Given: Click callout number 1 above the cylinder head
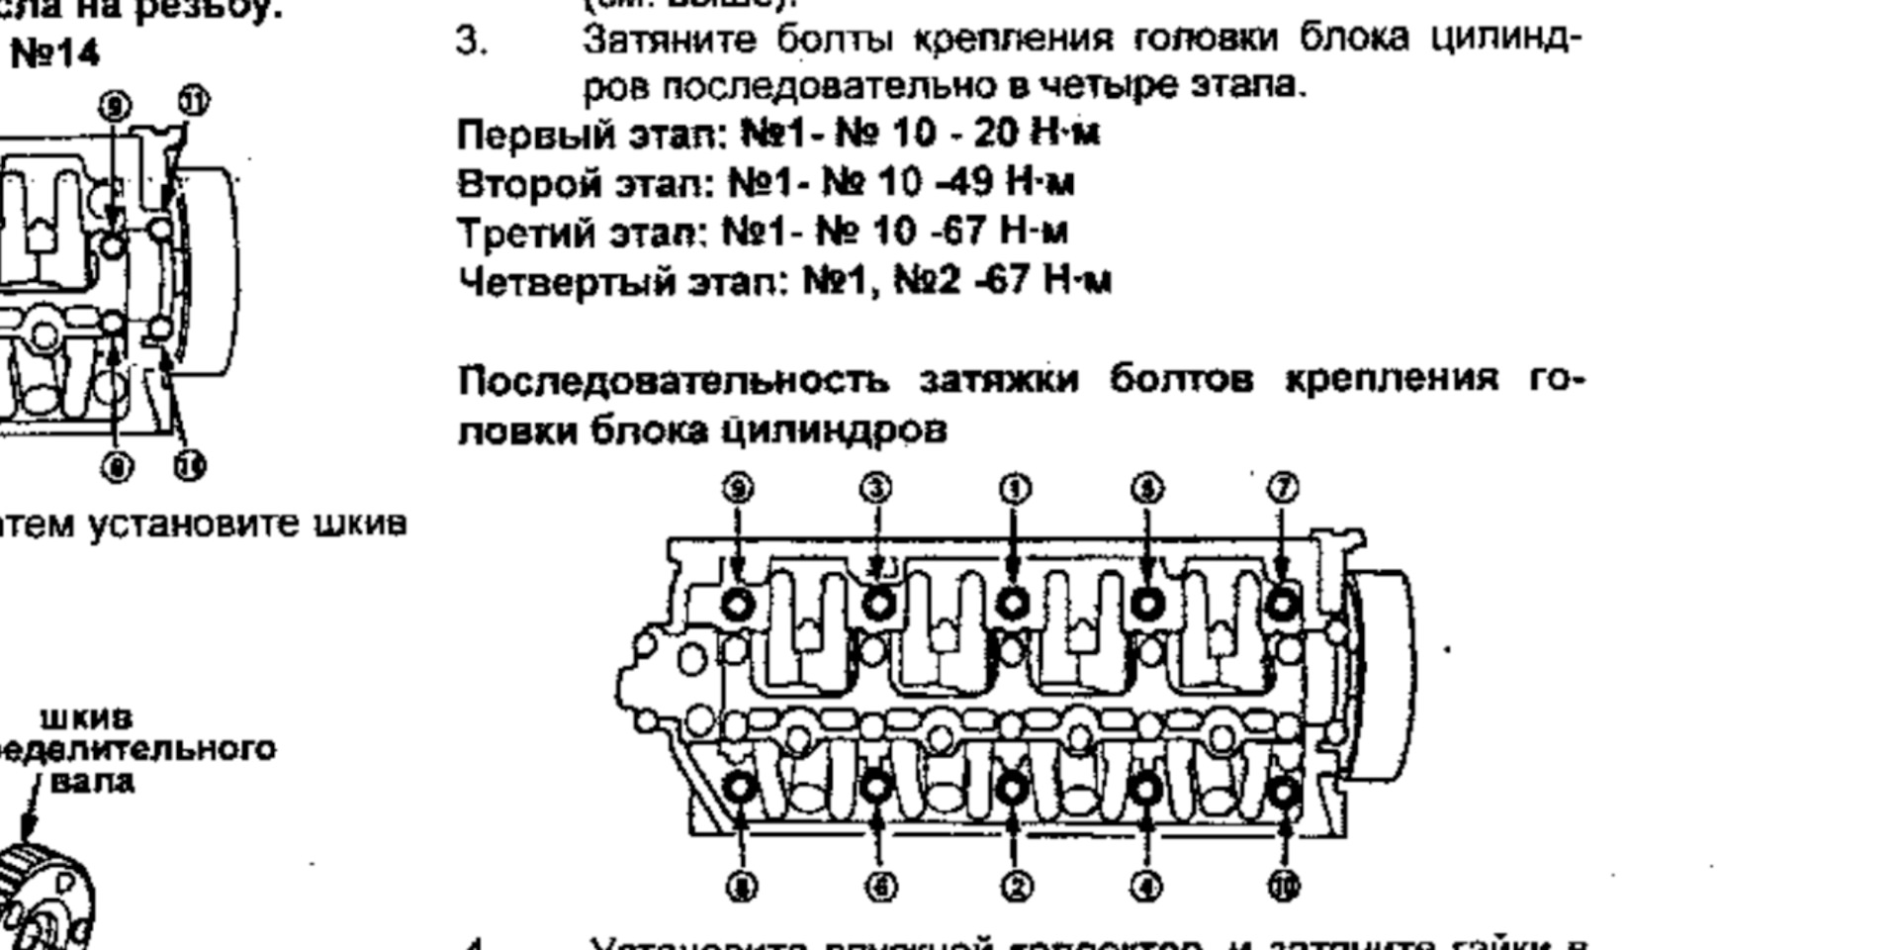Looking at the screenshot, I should [1015, 489].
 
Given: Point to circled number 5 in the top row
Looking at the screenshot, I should [1147, 488].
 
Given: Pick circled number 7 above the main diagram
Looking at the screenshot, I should [1283, 488].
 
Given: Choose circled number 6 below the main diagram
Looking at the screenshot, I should [880, 887].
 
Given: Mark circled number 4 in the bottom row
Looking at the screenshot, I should [1146, 887].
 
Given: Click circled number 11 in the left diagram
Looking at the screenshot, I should [194, 101].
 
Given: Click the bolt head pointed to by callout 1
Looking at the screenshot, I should [1013, 603].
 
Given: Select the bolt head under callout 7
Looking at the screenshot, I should [1283, 603].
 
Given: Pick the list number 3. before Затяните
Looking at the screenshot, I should [471, 42].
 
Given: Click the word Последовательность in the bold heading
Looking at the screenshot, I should [673, 380].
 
